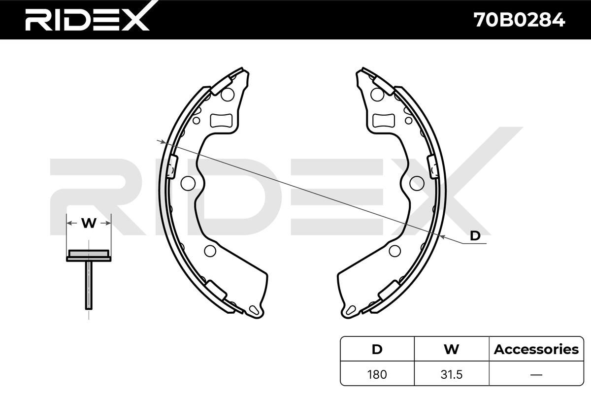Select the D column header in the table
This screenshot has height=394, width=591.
click(377, 349)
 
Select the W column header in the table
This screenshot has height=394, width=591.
click(451, 349)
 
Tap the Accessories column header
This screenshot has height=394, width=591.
click(536, 349)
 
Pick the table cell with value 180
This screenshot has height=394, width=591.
click(377, 374)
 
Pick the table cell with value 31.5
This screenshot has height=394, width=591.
click(451, 374)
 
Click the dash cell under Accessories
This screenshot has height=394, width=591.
click(536, 374)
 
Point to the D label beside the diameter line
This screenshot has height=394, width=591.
click(475, 236)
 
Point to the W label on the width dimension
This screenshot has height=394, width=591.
click(89, 224)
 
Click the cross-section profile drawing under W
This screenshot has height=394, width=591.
click(89, 276)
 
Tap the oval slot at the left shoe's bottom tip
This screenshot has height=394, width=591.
click(255, 310)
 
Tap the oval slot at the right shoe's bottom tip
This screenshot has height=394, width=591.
click(351, 310)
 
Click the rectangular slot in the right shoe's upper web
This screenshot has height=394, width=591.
click(383, 120)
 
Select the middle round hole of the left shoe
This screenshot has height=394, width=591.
click(188, 183)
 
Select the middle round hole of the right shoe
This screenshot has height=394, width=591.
click(417, 183)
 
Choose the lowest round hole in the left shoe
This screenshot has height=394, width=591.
click(210, 251)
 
